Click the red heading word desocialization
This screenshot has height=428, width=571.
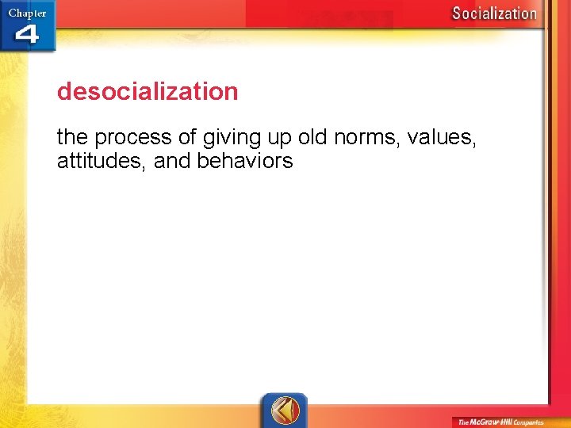pos(148,92)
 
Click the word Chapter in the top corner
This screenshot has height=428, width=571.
pos(27,13)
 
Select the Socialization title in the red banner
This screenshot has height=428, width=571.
pos(494,13)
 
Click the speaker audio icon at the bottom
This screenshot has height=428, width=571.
pos(284,411)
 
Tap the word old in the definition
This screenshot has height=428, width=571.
pos(312,137)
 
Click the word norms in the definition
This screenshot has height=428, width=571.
pos(366,138)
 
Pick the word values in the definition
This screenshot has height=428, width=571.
pos(439,138)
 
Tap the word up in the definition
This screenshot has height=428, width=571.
pos(278,139)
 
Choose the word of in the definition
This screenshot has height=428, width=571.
pos(187,137)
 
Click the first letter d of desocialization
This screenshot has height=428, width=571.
pos(64,92)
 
